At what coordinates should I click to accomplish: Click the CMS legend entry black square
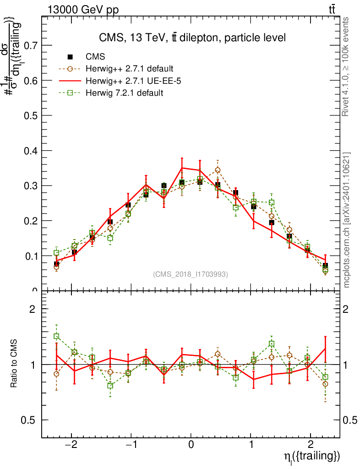pyautogui.click(x=71, y=57)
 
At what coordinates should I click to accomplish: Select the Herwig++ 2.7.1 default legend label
pyautogui.click(x=129, y=69)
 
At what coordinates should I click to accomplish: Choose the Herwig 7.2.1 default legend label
pyautogui.click(x=125, y=93)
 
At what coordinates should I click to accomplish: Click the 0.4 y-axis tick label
pyautogui.click(x=31, y=151)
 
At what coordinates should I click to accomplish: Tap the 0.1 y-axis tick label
pyautogui.click(x=31, y=256)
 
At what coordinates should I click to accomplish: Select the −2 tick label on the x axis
pyautogui.click(x=71, y=446)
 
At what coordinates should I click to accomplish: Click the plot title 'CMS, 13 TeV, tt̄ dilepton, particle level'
pyautogui.click(x=192, y=38)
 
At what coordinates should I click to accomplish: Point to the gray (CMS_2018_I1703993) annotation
pyautogui.click(x=190, y=274)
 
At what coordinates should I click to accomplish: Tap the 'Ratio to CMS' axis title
pyautogui.click(x=15, y=364)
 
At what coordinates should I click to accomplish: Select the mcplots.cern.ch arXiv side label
pyautogui.click(x=347, y=220)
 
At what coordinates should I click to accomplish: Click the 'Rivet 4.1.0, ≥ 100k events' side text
pyautogui.click(x=347, y=67)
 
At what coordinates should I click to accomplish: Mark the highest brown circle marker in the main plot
pyautogui.click(x=218, y=170)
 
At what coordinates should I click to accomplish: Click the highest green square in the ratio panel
pyautogui.click(x=56, y=336)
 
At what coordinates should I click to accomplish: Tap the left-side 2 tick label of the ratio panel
pyautogui.click(x=33, y=309)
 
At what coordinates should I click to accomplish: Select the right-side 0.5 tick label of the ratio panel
pyautogui.click(x=351, y=420)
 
